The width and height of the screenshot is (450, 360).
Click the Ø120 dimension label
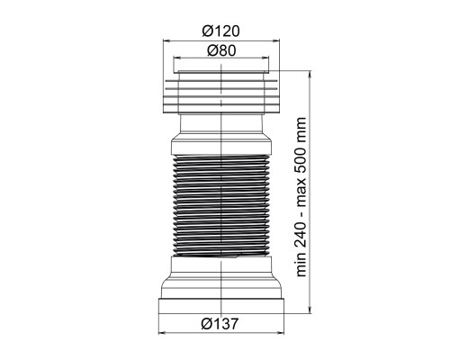[221, 31]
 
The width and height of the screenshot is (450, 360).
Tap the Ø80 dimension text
[221, 50]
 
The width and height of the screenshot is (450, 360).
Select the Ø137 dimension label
[220, 323]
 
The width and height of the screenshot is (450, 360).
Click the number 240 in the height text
[301, 231]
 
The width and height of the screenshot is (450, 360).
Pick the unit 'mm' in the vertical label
[301, 128]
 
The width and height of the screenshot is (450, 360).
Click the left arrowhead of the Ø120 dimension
[166, 40]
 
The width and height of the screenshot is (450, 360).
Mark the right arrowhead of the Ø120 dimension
[275, 40]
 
